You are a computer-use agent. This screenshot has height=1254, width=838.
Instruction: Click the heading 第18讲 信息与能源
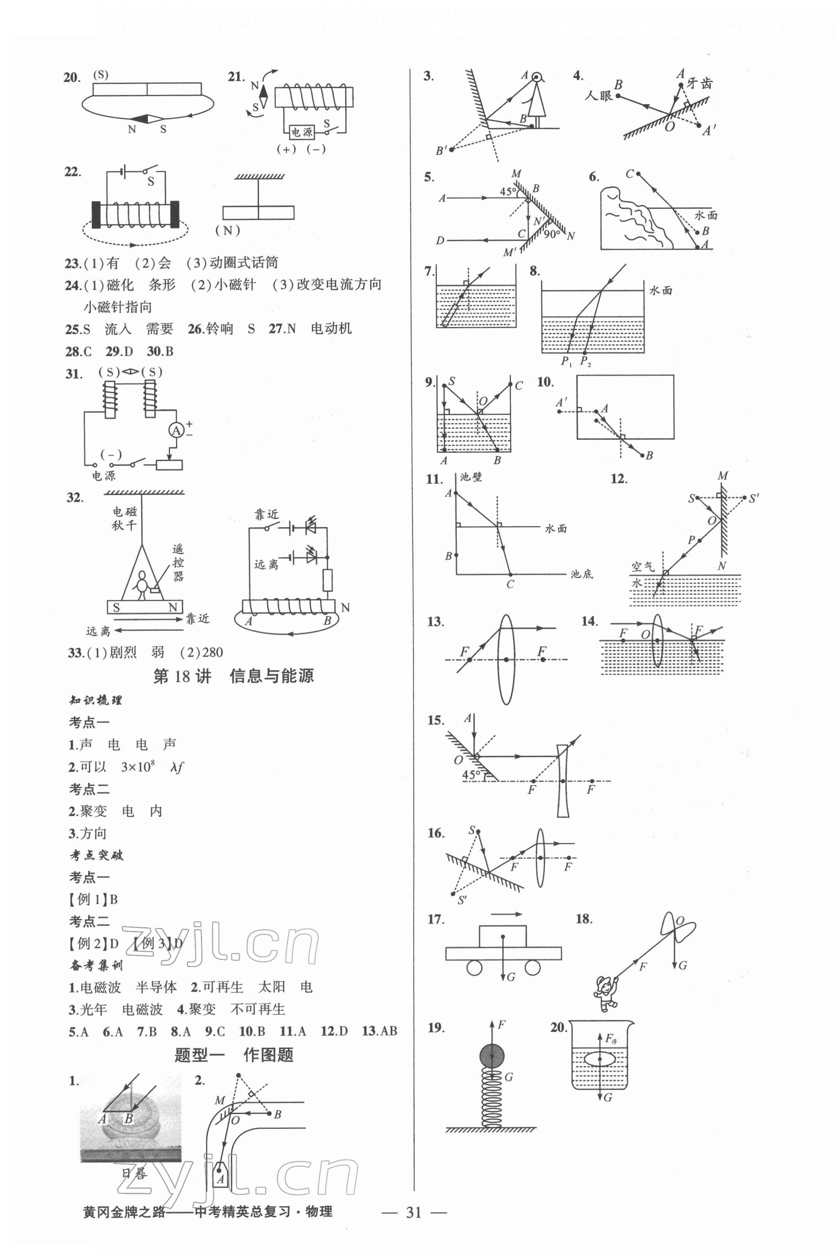[x=233, y=676]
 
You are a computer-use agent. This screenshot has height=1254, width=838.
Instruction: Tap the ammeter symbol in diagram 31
[x=176, y=430]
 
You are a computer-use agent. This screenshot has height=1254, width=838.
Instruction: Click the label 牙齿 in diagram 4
[x=700, y=83]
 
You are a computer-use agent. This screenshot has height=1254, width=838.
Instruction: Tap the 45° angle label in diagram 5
[x=508, y=191]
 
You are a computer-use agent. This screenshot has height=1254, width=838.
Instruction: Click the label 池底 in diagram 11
[x=581, y=574]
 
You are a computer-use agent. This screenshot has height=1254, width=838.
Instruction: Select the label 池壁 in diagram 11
[x=471, y=477]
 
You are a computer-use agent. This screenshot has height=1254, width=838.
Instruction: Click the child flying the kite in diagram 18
[x=605, y=993]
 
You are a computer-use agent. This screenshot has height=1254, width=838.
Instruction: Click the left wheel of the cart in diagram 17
[x=474, y=967]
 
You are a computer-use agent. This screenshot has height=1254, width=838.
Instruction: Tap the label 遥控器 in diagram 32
[x=178, y=563]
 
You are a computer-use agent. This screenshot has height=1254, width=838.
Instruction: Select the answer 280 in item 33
[x=212, y=652]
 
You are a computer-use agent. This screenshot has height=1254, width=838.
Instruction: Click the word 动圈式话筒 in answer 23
[x=243, y=263]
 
